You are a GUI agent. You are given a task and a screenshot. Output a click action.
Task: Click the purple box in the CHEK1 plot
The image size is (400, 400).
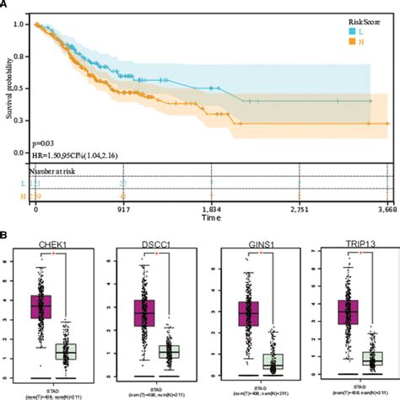(41, 307)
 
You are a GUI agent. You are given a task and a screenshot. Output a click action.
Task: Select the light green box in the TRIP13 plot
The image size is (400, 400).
(371, 358)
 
